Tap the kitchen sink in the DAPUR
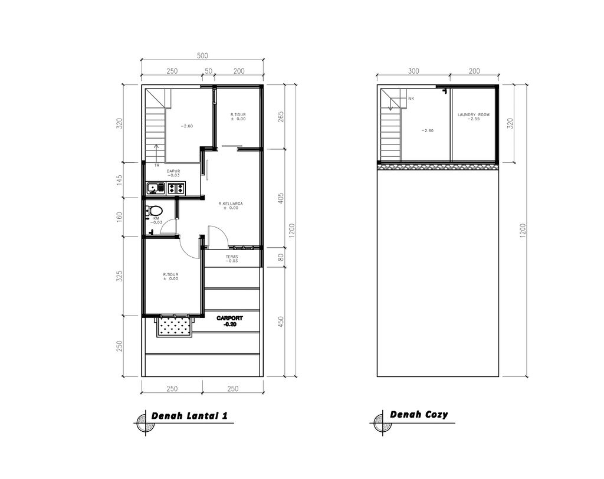[156, 188]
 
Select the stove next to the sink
[176, 188]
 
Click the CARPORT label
[229, 321]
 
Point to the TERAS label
[232, 258]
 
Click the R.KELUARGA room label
[231, 205]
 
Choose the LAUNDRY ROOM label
[474, 117]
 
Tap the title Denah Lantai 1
[189, 416]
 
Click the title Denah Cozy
[419, 415]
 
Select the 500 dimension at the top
[202, 55]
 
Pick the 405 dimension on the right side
[281, 198]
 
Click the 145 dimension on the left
[119, 180]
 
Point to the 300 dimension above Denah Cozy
[413, 71]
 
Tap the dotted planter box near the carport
[174, 327]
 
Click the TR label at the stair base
[157, 165]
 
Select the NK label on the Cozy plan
[411, 99]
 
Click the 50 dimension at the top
[208, 71]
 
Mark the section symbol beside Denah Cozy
[382, 423]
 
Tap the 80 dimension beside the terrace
[281, 257]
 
